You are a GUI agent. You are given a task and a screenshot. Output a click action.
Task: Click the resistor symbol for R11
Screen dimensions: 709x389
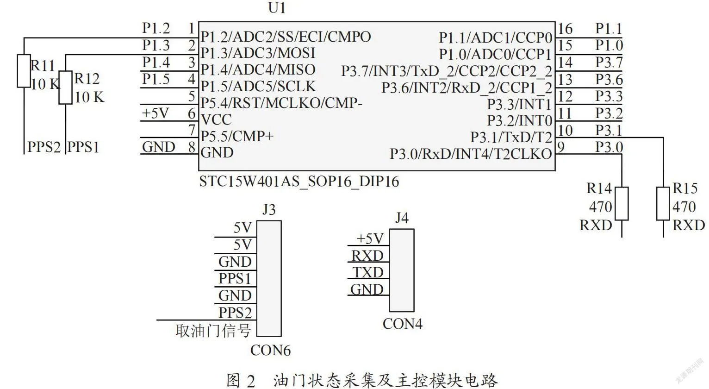tap(24, 71)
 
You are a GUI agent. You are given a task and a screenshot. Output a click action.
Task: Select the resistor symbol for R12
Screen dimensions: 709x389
tap(66, 88)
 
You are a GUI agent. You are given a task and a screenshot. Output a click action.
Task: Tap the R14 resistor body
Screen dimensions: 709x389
tap(622, 204)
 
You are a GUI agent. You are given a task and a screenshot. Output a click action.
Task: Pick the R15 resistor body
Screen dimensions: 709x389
tap(663, 204)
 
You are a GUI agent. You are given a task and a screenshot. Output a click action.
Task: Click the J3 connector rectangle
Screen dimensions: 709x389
tap(269, 278)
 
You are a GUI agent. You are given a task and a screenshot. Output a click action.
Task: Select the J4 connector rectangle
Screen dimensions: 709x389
tap(402, 270)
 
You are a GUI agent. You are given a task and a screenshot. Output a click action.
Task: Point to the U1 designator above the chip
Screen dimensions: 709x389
tap(277, 8)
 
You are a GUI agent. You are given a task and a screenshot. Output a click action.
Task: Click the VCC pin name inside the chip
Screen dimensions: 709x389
tap(216, 120)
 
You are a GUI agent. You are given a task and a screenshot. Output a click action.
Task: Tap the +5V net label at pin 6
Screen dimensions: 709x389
tap(155, 113)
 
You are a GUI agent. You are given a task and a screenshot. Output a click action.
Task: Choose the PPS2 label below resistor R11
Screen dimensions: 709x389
tap(44, 147)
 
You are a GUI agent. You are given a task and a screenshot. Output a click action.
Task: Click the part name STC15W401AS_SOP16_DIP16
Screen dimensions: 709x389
tap(299, 182)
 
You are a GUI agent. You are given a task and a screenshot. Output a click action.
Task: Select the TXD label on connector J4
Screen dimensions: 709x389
tap(368, 272)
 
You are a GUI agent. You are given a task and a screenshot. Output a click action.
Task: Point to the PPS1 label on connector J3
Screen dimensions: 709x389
tap(235, 279)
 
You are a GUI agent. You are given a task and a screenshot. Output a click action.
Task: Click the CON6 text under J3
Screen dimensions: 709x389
tap(270, 351)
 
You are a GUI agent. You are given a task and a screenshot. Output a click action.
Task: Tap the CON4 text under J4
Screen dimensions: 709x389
tap(402, 324)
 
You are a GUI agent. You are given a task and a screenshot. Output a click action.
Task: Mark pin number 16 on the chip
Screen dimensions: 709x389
tap(565, 29)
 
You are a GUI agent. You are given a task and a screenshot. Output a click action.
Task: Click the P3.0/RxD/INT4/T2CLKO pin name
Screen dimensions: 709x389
tap(471, 154)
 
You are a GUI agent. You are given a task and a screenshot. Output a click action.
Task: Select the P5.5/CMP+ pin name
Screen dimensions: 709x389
tap(237, 136)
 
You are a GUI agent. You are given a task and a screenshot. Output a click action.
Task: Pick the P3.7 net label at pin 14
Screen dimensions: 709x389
tap(609, 63)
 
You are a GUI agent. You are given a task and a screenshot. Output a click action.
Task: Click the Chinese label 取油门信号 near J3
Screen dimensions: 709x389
tap(213, 330)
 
